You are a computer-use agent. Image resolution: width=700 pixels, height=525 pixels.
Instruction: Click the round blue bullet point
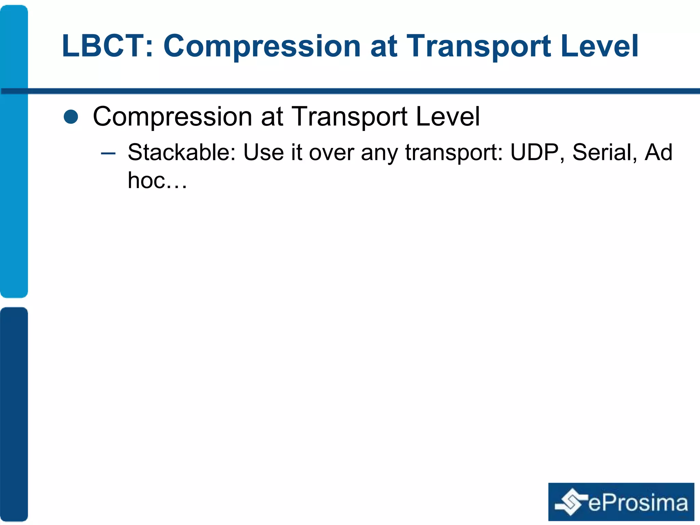[x=71, y=117]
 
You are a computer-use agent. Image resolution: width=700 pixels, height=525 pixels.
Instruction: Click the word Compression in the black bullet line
[x=173, y=117]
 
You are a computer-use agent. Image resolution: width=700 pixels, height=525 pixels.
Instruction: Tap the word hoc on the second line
[x=146, y=180]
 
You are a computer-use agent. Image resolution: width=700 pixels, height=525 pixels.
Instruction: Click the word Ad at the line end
[x=658, y=152]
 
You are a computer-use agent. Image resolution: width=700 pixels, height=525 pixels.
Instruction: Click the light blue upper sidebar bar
[x=14, y=150]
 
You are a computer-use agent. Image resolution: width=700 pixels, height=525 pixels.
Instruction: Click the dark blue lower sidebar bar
[x=14, y=414]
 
